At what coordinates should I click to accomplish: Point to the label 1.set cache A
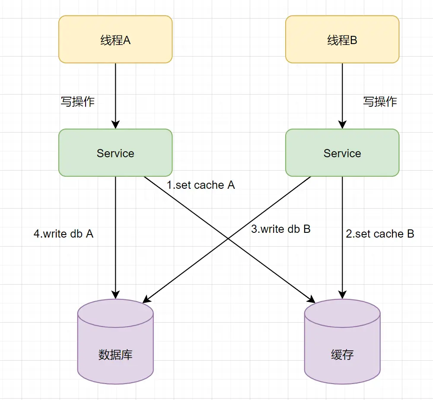click(201, 185)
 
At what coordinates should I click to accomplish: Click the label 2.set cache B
click(380, 234)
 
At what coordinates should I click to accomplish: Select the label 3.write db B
click(281, 229)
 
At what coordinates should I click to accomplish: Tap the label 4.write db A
click(64, 234)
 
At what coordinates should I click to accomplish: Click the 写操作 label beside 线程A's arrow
click(77, 102)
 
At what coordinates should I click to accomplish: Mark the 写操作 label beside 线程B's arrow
click(380, 102)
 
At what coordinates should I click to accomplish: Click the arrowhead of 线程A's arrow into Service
click(115, 125)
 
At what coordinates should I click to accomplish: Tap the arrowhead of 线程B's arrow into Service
click(342, 125)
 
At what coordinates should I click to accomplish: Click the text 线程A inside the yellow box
click(115, 41)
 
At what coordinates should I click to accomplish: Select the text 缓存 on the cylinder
click(342, 355)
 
